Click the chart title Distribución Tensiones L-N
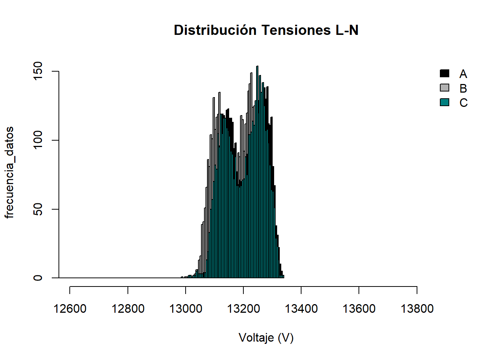[266, 30]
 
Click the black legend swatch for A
[444, 73]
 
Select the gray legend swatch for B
[444, 88]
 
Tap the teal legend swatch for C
[444, 102]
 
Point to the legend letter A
[463, 74]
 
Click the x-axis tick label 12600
[70, 309]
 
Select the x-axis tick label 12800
[128, 309]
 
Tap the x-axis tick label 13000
[186, 309]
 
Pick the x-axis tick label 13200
[243, 309]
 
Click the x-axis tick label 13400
[301, 309]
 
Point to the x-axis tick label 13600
[359, 309]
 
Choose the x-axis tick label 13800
[417, 309]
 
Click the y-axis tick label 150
[38, 71]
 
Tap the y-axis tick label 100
[38, 140]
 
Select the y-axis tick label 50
[38, 209]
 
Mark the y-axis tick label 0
[38, 278]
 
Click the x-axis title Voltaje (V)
[266, 338]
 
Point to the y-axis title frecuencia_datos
[9, 172]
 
